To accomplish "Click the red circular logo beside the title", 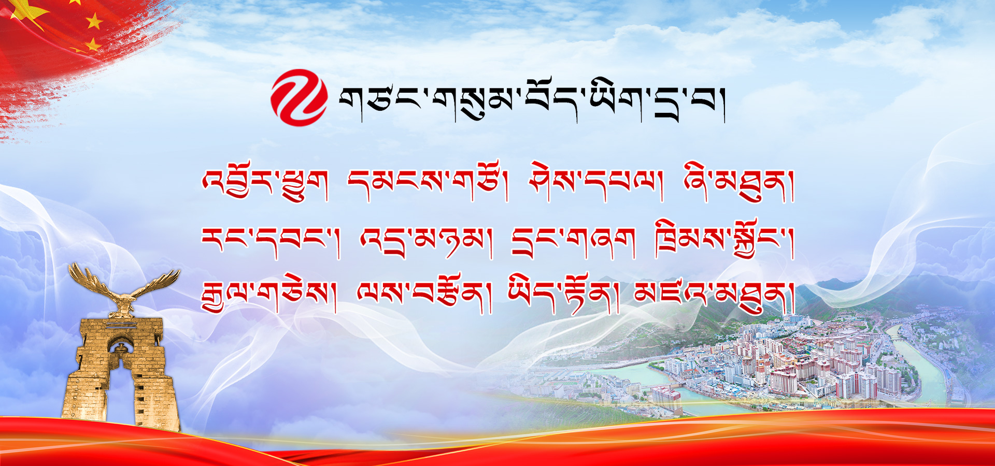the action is pyautogui.click(x=299, y=98).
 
